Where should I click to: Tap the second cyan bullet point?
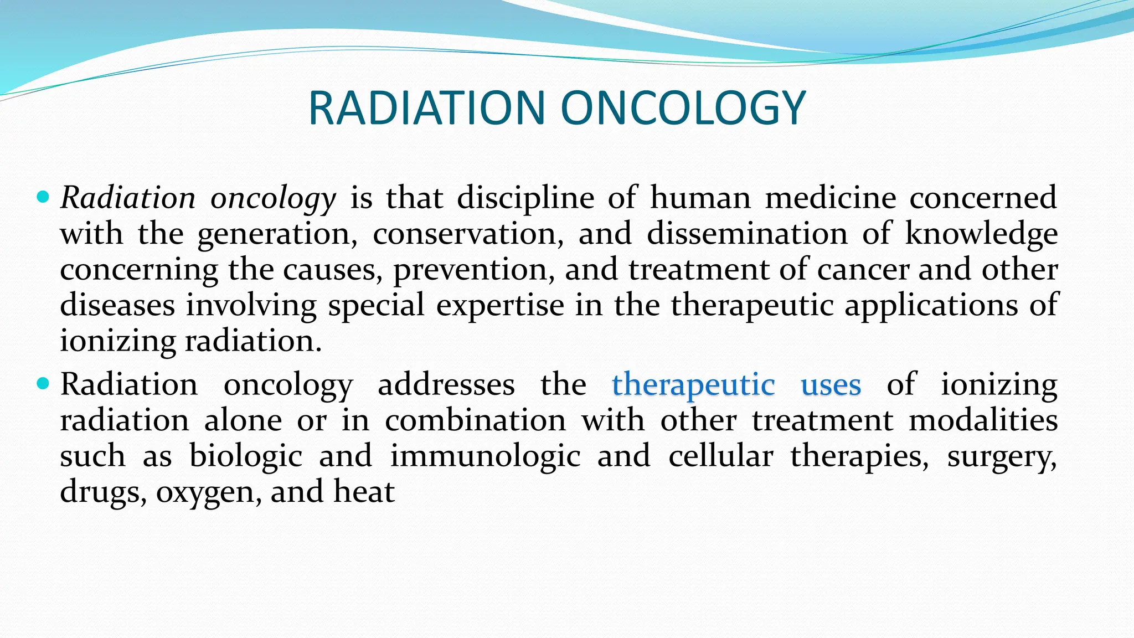(x=43, y=383)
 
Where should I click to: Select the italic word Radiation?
(x=128, y=198)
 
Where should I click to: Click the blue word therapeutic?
(x=693, y=384)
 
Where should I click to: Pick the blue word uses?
(x=831, y=384)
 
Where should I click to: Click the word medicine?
(x=830, y=198)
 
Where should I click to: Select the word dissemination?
(x=747, y=233)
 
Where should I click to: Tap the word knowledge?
(x=981, y=234)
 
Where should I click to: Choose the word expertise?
(x=500, y=305)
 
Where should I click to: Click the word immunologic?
(x=485, y=456)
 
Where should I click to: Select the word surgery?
(x=1001, y=456)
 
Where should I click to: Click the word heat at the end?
(x=364, y=491)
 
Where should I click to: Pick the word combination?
(x=475, y=420)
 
